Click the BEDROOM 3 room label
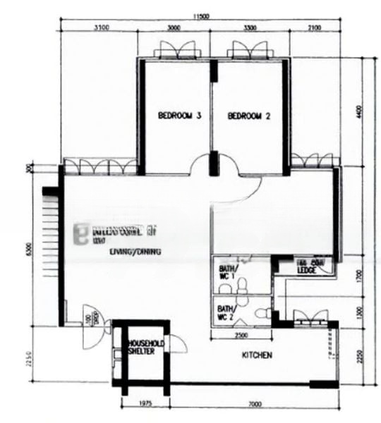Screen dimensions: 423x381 click(180, 116)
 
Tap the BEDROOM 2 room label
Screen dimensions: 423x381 click(249, 117)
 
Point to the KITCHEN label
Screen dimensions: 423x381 click(257, 356)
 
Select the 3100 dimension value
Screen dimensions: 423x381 click(100, 28)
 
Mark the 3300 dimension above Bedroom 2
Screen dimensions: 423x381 click(250, 28)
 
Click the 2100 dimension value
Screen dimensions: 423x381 click(315, 28)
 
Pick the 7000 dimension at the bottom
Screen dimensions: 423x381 click(255, 404)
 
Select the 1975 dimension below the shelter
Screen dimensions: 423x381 click(145, 404)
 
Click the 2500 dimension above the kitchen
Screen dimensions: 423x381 click(241, 335)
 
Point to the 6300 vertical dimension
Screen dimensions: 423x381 click(29, 250)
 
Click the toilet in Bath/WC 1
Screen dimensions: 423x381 click(242, 284)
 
